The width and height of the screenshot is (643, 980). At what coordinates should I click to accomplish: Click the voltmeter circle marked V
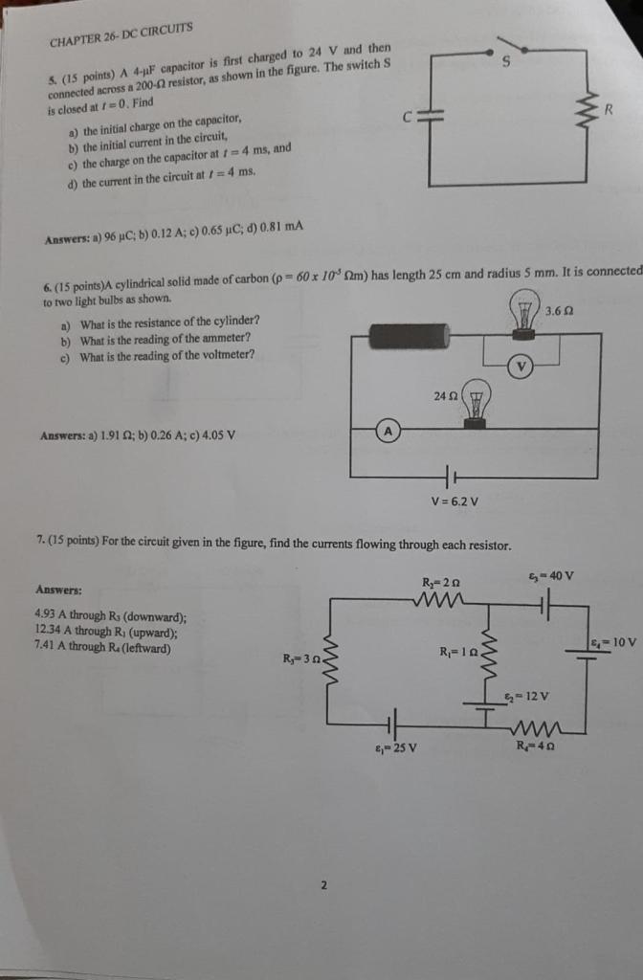521,366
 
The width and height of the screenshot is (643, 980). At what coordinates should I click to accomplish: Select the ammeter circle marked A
388,432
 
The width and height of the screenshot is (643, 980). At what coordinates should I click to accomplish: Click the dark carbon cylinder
409,337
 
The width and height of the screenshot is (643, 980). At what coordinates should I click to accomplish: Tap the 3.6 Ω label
560,311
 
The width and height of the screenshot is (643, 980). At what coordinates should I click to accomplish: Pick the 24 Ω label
445,395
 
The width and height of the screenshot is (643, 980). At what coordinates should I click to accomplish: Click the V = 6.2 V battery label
455,501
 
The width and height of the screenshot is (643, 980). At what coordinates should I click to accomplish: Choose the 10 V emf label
613,641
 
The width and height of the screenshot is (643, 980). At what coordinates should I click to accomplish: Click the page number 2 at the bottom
322,885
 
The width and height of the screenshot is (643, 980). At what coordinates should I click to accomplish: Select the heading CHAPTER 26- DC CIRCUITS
122,35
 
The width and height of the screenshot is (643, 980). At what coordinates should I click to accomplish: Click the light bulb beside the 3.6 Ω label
524,317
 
